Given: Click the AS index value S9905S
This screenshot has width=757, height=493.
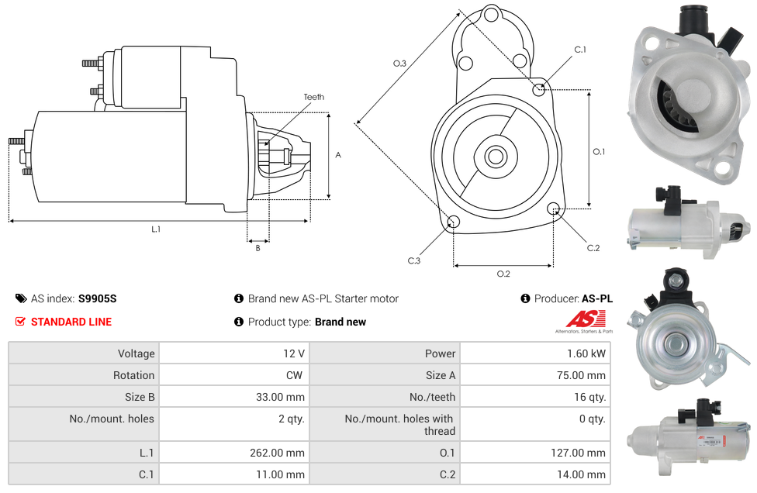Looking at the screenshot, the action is pyautogui.click(x=98, y=298).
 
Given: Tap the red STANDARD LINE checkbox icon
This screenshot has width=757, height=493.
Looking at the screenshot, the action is pyautogui.click(x=20, y=322).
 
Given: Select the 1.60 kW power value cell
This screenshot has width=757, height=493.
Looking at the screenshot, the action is pyautogui.click(x=535, y=353).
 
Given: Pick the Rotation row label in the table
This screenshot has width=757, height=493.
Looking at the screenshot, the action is pyautogui.click(x=133, y=375).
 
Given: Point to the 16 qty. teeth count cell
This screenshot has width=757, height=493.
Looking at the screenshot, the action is pyautogui.click(x=535, y=397).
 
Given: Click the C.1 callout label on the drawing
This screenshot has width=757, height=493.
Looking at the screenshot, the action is pyautogui.click(x=580, y=49).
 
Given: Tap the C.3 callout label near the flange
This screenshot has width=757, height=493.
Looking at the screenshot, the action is pyautogui.click(x=413, y=261).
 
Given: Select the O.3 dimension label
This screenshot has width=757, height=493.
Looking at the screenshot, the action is pyautogui.click(x=399, y=64).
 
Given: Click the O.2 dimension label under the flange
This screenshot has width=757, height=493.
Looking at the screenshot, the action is pyautogui.click(x=503, y=274).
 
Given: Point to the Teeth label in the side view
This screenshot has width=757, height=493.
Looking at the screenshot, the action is pyautogui.click(x=314, y=97).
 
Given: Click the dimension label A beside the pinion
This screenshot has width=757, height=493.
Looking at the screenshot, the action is pyautogui.click(x=338, y=155).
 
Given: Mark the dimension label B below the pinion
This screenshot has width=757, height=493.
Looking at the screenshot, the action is pyautogui.click(x=258, y=248).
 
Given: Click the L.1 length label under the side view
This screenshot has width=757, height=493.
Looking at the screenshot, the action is pyautogui.click(x=155, y=229).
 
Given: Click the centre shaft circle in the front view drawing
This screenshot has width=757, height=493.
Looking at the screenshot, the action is pyautogui.click(x=496, y=157).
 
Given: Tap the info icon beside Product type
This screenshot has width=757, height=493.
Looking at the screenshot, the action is pyautogui.click(x=238, y=322).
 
